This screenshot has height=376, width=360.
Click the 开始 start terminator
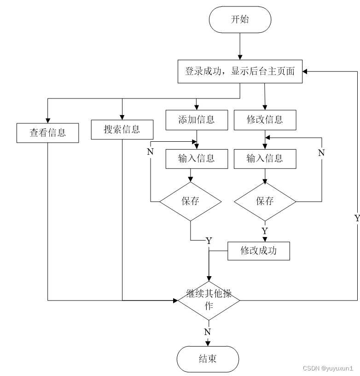coord(240,19)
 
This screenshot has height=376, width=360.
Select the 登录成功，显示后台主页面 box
coord(240,71)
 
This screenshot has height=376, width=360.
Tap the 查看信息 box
coord(47,133)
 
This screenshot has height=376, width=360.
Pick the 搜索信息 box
coord(122,129)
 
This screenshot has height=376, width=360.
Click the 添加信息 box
coord(197,120)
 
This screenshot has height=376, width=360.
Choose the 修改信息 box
coord(265,120)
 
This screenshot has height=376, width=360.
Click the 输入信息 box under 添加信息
coord(197,159)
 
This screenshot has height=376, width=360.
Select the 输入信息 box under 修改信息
coord(265,159)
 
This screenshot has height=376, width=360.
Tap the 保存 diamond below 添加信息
coord(190,201)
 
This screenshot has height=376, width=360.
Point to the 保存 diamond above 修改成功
coord(265,201)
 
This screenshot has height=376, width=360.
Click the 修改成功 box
coord(259,251)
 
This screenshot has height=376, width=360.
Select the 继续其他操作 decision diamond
coord(209,301)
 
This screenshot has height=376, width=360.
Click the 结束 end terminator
coord(208,359)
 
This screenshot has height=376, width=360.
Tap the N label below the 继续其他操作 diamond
coord(208,332)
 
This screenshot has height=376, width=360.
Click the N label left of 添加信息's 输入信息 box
coord(150,152)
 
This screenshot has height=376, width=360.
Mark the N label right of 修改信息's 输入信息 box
coord(321,153)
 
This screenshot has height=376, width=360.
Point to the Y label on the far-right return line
coord(356,219)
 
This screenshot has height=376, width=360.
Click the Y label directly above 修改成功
coord(265,231)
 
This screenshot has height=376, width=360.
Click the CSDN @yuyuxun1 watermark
coord(327,369)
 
